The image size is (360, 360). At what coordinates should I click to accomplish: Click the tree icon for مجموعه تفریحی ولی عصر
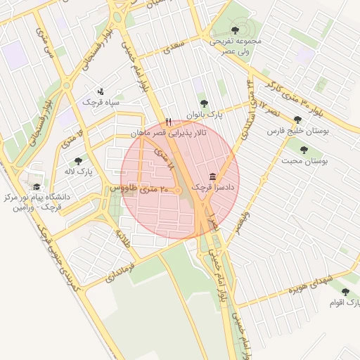(x=234, y=30)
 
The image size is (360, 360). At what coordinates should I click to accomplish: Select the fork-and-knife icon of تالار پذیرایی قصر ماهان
(x=168, y=121)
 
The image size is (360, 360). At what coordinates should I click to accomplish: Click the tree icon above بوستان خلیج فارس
(x=298, y=120)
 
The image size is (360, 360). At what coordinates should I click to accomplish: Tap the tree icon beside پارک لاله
(x=78, y=161)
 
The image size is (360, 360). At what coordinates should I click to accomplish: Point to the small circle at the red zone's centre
(x=179, y=191)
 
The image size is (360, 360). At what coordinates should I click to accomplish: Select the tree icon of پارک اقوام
(x=345, y=291)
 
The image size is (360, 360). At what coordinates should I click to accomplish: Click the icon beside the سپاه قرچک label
(x=100, y=90)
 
